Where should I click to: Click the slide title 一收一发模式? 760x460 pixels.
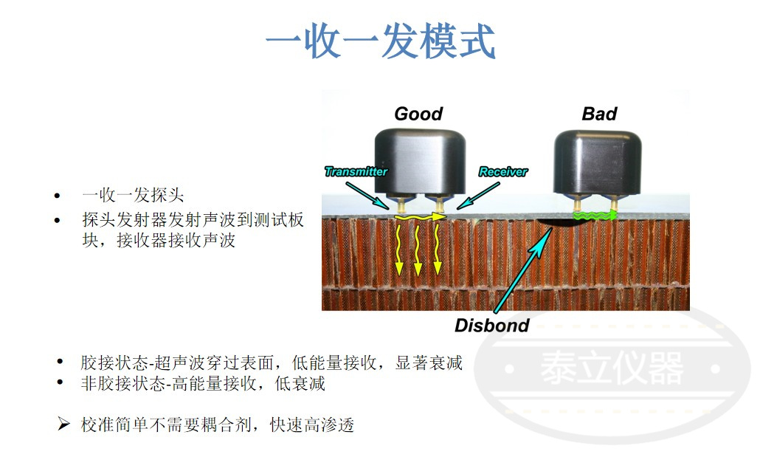[381, 41]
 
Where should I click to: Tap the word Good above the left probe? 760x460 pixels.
[418, 114]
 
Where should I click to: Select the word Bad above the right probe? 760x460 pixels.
[599, 114]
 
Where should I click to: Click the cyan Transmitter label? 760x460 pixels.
[356, 171]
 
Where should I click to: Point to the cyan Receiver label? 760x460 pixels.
[503, 171]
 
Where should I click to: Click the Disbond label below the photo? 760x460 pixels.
[491, 325]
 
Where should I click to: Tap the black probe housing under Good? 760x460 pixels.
[420, 162]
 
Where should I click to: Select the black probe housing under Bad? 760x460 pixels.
[598, 162]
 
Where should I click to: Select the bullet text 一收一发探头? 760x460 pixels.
[133, 195]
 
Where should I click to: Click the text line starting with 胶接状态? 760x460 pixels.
[272, 363]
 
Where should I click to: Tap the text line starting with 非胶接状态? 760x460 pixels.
[203, 384]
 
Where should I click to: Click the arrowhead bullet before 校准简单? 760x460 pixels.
[63, 424]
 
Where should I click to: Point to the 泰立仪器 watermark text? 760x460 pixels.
[612, 368]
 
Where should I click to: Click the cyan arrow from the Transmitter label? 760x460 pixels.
[367, 196]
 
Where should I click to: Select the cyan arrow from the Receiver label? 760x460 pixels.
[478, 196]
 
